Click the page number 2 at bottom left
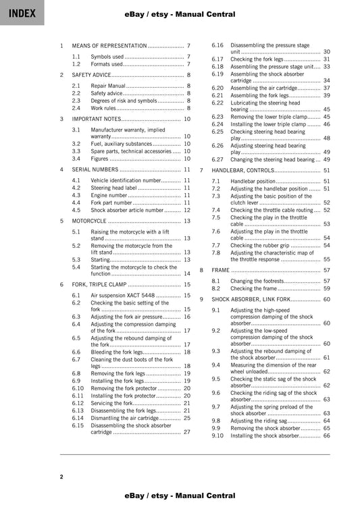(x=61, y=477)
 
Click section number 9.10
(x=217, y=435)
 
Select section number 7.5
(x=215, y=217)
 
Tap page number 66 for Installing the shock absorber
(x=326, y=435)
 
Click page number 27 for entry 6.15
(x=187, y=432)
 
